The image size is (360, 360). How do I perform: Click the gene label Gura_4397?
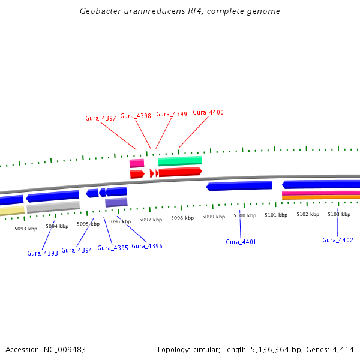click(x=101, y=118)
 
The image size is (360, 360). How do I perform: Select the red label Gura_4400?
click(x=208, y=112)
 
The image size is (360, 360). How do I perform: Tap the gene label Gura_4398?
click(x=136, y=116)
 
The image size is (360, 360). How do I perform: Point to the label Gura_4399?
click(x=172, y=114)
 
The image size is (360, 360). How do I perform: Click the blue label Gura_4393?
click(x=43, y=253)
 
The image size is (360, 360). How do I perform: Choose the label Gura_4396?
click(x=147, y=246)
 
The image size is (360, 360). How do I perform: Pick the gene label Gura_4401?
click(x=241, y=242)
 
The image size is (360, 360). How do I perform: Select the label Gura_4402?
click(x=338, y=240)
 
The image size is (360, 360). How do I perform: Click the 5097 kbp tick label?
click(x=151, y=220)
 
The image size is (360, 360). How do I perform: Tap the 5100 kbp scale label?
click(x=245, y=215)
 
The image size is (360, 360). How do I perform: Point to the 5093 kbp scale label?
click(x=26, y=228)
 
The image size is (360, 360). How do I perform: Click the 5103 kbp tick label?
click(x=339, y=214)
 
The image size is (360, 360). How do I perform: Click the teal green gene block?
click(x=180, y=161)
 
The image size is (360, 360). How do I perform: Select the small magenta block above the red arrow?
click(x=137, y=163)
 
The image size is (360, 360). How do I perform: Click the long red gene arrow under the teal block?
click(x=180, y=172)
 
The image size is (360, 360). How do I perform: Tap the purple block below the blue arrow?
click(x=116, y=203)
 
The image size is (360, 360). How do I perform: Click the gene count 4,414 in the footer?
click(x=343, y=349)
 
